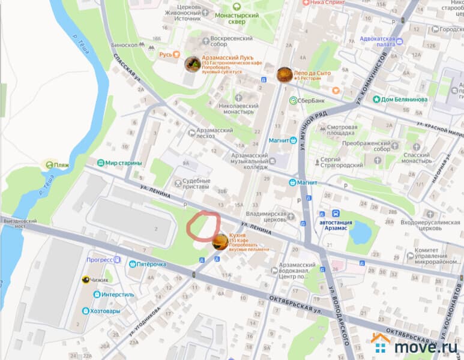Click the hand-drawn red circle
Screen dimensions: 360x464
coord(203,226)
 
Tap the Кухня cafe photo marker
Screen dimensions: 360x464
coord(220,242)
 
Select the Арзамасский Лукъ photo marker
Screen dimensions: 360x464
coord(192,64)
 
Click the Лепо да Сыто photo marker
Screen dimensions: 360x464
coord(284,74)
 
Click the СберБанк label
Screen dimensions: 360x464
coord(307,100)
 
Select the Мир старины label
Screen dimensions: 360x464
coord(122,163)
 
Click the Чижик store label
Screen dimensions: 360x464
coord(100,280)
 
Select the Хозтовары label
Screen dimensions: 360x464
coord(108,311)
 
